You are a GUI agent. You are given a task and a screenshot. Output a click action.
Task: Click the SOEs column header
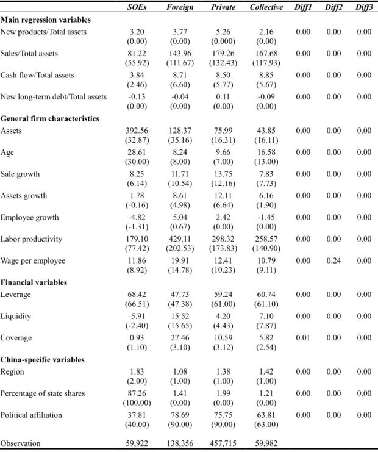click(137, 7)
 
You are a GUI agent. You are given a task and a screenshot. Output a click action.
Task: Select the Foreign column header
click(180, 7)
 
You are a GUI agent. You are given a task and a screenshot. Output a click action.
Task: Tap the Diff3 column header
click(364, 7)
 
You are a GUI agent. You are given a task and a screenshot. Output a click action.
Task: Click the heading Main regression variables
click(46, 20)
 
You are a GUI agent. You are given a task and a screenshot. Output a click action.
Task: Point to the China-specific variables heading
click(42, 360)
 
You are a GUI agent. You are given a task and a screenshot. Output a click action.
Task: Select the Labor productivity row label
click(31, 239)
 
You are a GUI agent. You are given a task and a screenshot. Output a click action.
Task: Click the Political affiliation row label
click(31, 415)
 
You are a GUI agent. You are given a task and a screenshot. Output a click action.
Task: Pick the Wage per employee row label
click(33, 261)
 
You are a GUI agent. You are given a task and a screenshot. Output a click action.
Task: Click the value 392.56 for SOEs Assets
click(137, 131)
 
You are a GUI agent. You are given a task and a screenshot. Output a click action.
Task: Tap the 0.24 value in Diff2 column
click(333, 260)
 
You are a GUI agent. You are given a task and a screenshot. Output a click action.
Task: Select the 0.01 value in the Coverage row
click(303, 338)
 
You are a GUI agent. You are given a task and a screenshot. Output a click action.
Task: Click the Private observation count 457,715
click(223, 443)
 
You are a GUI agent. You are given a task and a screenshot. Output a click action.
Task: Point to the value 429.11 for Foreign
click(180, 239)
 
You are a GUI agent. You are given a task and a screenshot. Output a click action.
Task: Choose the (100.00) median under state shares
click(137, 403)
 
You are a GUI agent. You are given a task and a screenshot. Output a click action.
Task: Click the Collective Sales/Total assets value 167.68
click(266, 53)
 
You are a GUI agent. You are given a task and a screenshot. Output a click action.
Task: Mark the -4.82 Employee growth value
click(137, 217)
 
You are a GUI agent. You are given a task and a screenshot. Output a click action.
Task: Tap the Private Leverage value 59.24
click(223, 295)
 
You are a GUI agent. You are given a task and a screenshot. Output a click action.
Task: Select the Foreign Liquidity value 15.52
click(180, 316)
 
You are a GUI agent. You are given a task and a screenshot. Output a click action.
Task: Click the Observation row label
click(21, 443)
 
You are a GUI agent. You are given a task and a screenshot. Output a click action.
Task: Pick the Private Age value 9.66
click(223, 152)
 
